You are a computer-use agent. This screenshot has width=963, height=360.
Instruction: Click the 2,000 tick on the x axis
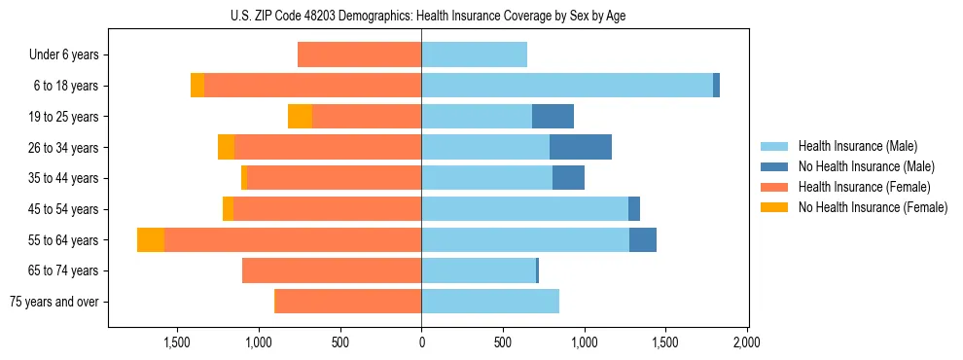click(746, 343)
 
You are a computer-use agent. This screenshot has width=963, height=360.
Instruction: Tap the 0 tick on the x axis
click(421, 343)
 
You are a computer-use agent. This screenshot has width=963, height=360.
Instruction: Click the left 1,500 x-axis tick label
click(177, 343)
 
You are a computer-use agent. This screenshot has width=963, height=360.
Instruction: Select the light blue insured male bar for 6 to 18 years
click(567, 86)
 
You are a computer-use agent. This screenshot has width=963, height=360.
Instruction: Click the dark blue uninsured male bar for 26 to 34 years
click(581, 147)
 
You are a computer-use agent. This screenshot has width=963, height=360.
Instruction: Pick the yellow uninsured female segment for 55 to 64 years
click(151, 239)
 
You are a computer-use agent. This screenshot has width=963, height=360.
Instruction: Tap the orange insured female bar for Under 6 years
click(359, 54)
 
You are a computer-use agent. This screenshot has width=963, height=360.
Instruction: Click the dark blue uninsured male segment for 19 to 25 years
click(553, 117)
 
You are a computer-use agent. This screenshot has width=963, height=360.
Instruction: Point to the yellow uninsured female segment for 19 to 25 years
click(300, 117)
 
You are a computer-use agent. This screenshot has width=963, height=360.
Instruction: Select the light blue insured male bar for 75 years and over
click(490, 302)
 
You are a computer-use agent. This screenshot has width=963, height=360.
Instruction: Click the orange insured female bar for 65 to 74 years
click(332, 270)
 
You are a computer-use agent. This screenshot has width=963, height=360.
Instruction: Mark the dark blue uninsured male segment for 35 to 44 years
click(568, 178)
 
